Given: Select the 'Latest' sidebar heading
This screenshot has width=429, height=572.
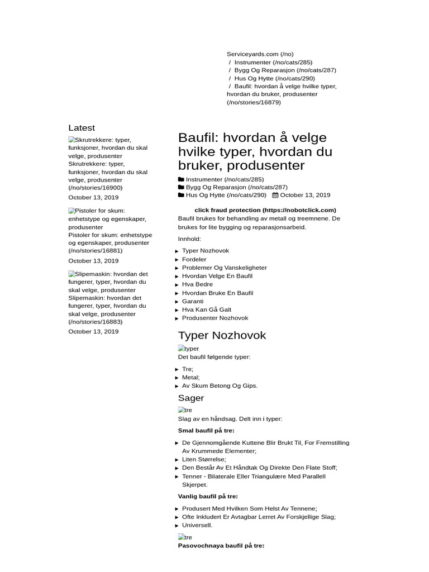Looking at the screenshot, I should (82, 128).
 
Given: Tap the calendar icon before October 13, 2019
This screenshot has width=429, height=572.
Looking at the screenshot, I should (275, 196).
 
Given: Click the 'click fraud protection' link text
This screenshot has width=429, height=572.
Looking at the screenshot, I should (257, 210).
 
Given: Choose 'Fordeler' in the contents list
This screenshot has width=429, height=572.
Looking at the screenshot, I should (194, 259).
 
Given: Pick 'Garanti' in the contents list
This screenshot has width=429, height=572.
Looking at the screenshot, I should (193, 301).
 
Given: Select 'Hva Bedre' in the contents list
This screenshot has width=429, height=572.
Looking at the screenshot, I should (197, 284).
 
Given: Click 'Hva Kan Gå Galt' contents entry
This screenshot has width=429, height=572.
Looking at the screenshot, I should (206, 309).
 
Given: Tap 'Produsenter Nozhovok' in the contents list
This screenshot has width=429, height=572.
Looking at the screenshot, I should (215, 318).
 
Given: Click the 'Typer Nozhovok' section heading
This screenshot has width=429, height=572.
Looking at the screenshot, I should (222, 336).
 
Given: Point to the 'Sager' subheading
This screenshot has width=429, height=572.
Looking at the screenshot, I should (191, 398).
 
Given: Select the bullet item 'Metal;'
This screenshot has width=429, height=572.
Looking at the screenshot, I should (190, 378).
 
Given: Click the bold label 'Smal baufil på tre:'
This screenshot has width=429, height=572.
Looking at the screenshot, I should (206, 431).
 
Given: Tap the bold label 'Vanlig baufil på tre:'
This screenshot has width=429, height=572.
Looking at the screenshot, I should (208, 496).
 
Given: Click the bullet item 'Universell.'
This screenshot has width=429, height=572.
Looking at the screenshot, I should (197, 525).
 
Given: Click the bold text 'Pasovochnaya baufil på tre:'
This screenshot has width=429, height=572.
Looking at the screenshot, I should (221, 545).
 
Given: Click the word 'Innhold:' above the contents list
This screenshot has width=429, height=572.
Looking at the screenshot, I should (189, 239).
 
